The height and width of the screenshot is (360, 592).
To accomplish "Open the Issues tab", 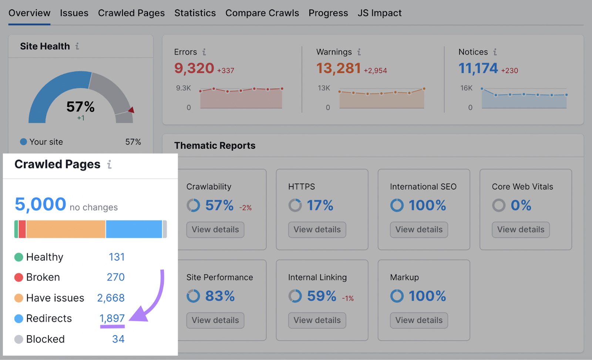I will coord(74,13).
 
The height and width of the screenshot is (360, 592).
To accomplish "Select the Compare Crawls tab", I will coord(262,13).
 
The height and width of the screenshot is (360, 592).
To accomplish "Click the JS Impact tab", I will coord(379,13).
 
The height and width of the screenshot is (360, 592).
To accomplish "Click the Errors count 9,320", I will coord(194,68).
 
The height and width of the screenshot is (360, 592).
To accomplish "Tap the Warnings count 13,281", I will coord(338,68).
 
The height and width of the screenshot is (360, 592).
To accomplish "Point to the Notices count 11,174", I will coord(478,68).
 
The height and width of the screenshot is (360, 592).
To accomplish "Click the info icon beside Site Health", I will coord(77,46).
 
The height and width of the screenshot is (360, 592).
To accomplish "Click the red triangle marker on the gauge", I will coord(131,110).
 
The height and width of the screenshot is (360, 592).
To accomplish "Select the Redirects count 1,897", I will coord(112,318).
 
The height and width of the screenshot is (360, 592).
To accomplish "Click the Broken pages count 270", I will coord(115,277).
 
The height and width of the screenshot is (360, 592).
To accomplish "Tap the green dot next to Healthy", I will coord(19,257).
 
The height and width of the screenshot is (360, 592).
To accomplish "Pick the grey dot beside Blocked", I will coord(19,339).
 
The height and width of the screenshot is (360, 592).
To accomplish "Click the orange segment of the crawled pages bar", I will coord(66,229).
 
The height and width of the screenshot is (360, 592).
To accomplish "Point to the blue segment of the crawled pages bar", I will coord(134,229).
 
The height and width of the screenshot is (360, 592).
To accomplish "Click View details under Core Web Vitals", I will coord(521,230).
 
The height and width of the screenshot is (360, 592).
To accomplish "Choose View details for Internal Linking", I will coord(317,320).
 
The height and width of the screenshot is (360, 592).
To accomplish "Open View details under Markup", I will coord(419,320).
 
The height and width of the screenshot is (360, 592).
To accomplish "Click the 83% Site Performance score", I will coord(220,296).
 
